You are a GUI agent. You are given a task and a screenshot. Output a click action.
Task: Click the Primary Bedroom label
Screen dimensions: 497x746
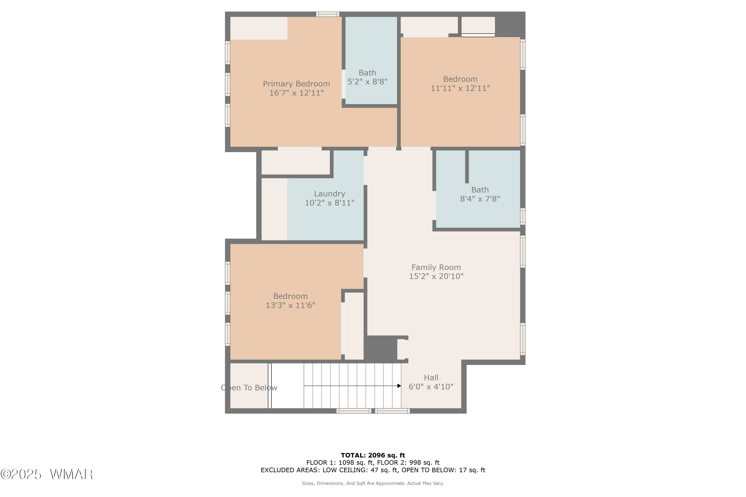click(x=296, y=84)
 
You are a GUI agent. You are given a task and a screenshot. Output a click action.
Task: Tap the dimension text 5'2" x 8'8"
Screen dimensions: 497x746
click(x=367, y=82)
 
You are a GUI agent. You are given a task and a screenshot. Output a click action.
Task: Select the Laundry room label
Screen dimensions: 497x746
click(x=329, y=194)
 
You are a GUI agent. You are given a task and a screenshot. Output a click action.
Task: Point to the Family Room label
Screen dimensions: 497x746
click(x=436, y=267)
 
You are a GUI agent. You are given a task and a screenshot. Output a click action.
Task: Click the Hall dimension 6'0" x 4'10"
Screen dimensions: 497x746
click(x=431, y=387)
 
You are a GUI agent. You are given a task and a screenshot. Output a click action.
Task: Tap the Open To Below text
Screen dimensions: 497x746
click(x=249, y=388)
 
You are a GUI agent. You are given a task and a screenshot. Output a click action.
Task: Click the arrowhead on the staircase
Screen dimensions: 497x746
click(x=399, y=386)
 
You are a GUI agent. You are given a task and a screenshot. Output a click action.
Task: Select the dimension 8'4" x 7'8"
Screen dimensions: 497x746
click(x=480, y=199)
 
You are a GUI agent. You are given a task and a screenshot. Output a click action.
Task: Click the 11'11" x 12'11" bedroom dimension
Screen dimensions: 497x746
click(x=460, y=88)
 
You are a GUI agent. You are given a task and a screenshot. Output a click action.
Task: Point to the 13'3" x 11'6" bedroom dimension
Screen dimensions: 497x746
click(x=290, y=305)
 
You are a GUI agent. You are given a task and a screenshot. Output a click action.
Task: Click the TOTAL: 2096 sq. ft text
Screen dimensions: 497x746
click(x=373, y=456)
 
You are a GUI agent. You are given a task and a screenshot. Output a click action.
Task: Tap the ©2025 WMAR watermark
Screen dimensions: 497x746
click(x=47, y=474)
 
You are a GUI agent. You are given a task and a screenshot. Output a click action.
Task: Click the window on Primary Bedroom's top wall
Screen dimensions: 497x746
click(x=327, y=14)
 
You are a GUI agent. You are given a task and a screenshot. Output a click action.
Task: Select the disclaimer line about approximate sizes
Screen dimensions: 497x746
click(x=373, y=483)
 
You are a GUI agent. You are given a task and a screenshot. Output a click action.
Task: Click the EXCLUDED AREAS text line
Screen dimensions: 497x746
click(x=373, y=470)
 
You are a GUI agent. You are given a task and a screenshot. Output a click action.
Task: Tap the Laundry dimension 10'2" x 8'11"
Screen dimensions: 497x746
click(x=329, y=203)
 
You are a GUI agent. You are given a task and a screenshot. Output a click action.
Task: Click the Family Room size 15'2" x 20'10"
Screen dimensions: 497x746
click(x=436, y=276)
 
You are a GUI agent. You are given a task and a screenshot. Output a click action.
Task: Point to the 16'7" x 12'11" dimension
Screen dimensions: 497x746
click(x=296, y=93)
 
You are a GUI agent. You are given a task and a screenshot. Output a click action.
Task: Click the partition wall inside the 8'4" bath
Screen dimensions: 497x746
click(x=466, y=166)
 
